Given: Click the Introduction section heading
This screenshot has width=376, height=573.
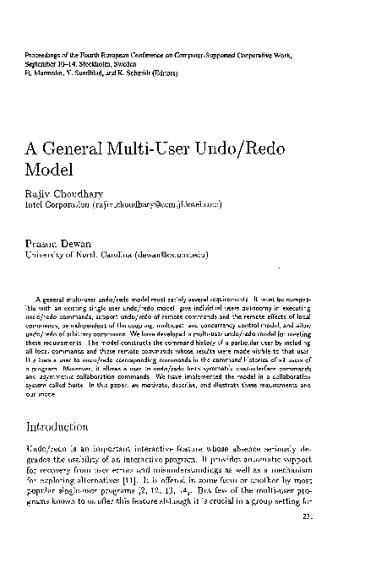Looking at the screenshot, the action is [65, 427].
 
